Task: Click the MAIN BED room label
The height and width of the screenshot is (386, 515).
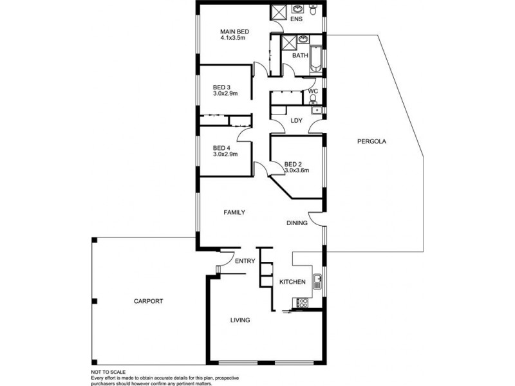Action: pos(234,32)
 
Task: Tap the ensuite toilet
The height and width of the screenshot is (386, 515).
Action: pos(314,10)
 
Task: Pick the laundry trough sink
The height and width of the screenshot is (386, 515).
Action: pos(316,111)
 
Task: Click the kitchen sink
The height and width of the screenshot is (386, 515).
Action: pos(317,281)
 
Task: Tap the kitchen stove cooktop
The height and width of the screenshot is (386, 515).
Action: pos(301,302)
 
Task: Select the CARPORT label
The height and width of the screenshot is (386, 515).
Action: pos(149,301)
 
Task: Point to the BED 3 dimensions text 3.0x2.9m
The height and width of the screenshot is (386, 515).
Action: pos(225,94)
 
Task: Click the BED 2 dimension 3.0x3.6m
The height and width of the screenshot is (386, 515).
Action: pos(297,170)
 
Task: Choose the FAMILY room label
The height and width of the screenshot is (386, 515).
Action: pos(234,212)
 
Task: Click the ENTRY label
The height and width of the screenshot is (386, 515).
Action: pos(245,261)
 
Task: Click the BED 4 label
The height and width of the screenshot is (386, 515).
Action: pos(221,147)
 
